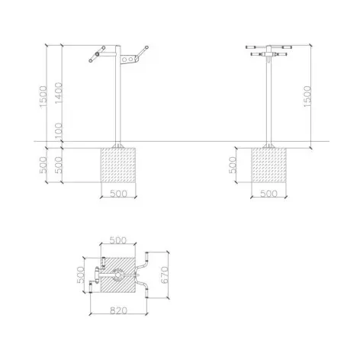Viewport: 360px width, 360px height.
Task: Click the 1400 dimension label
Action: tap(59, 93)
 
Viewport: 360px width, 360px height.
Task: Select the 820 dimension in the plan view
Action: tap(118, 310)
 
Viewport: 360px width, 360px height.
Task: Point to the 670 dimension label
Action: tap(165, 275)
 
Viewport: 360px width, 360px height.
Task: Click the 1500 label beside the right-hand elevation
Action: tap(307, 96)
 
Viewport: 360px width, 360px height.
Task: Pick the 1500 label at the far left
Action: tap(43, 97)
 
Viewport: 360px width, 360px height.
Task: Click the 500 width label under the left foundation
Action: tap(118, 194)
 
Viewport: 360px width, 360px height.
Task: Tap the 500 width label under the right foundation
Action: tap(268, 194)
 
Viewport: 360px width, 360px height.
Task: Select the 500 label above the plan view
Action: tap(117, 240)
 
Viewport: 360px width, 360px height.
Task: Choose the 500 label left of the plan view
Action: tap(80, 275)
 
